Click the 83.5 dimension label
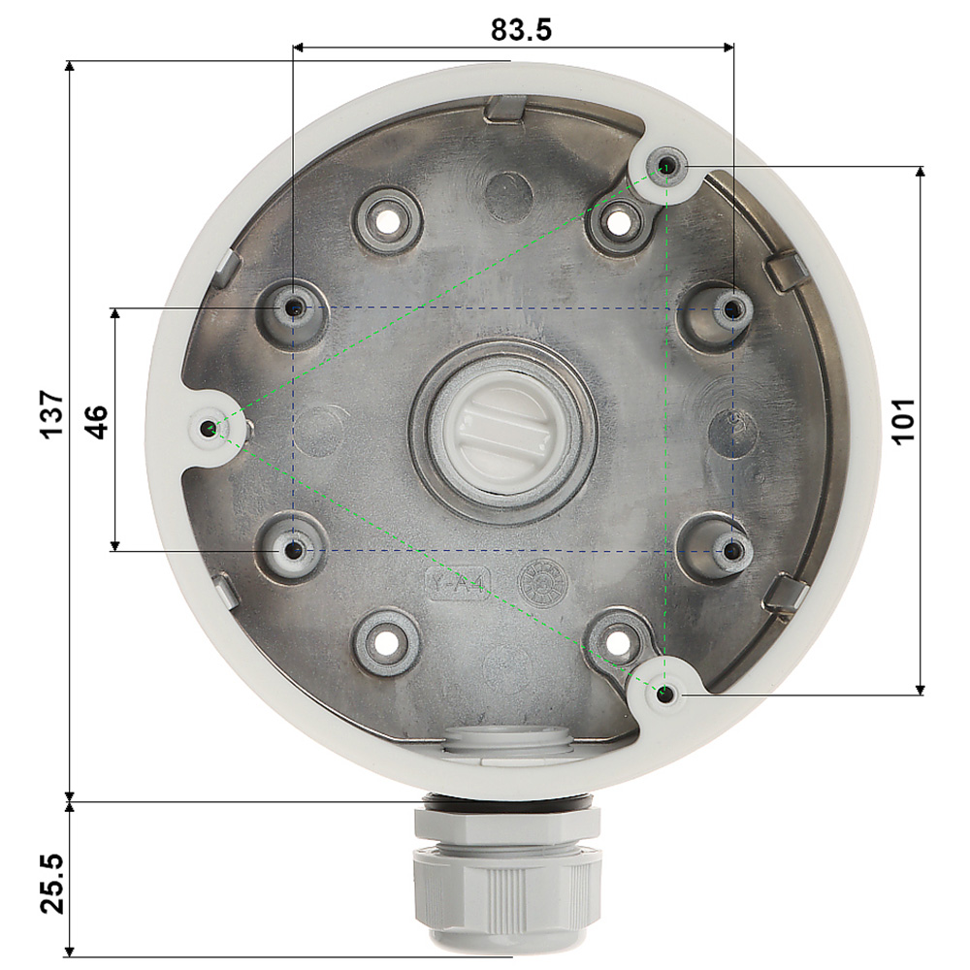[521, 29]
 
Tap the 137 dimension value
[52, 414]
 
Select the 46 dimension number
[96, 422]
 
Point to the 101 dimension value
[903, 421]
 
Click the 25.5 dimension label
[52, 883]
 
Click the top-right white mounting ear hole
[667, 166]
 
